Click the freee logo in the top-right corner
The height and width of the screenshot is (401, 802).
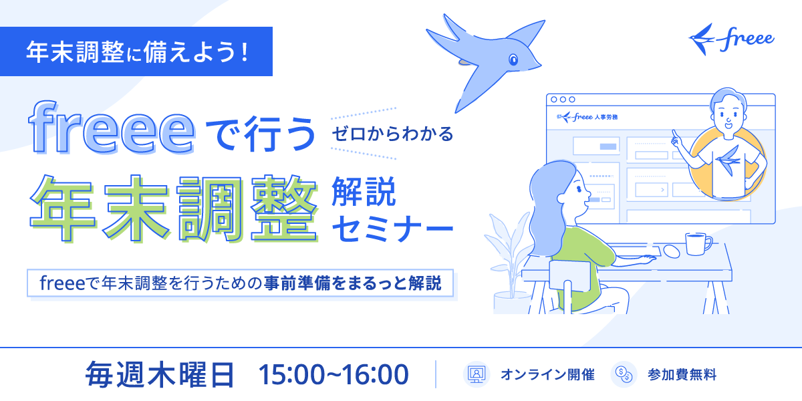(731, 39)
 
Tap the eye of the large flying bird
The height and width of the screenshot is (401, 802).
(513, 59)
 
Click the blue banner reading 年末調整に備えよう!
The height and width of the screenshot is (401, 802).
(136, 51)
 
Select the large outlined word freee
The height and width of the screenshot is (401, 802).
(112, 128)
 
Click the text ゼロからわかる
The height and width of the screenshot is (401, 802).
(392, 134)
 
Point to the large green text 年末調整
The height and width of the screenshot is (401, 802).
(174, 208)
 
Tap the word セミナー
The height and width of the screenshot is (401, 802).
(393, 229)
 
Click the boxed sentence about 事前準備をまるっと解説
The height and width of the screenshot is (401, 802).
(240, 283)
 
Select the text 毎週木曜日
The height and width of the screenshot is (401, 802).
(160, 374)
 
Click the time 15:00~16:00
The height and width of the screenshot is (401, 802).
(333, 375)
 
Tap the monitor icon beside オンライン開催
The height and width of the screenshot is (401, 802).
(476, 374)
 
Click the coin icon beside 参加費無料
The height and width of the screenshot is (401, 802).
(624, 374)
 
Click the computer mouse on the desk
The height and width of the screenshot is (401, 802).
(671, 251)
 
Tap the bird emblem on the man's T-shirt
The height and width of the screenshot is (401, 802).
(728, 159)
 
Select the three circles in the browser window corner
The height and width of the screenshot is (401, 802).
(563, 99)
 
